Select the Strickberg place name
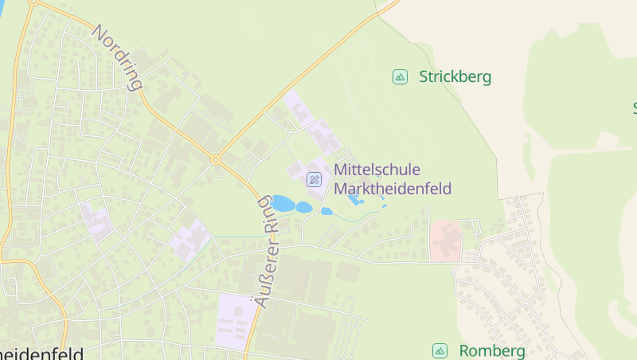455,77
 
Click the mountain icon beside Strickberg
400,77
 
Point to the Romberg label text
492,351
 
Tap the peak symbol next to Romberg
440,350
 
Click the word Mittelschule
377,170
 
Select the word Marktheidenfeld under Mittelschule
393,189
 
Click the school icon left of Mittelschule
314,179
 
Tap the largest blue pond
283,204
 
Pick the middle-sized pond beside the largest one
304,207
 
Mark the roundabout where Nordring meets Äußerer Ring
215,159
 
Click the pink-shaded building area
445,241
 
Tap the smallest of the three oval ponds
326,211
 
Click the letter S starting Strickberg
424,77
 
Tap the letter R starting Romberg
465,351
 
